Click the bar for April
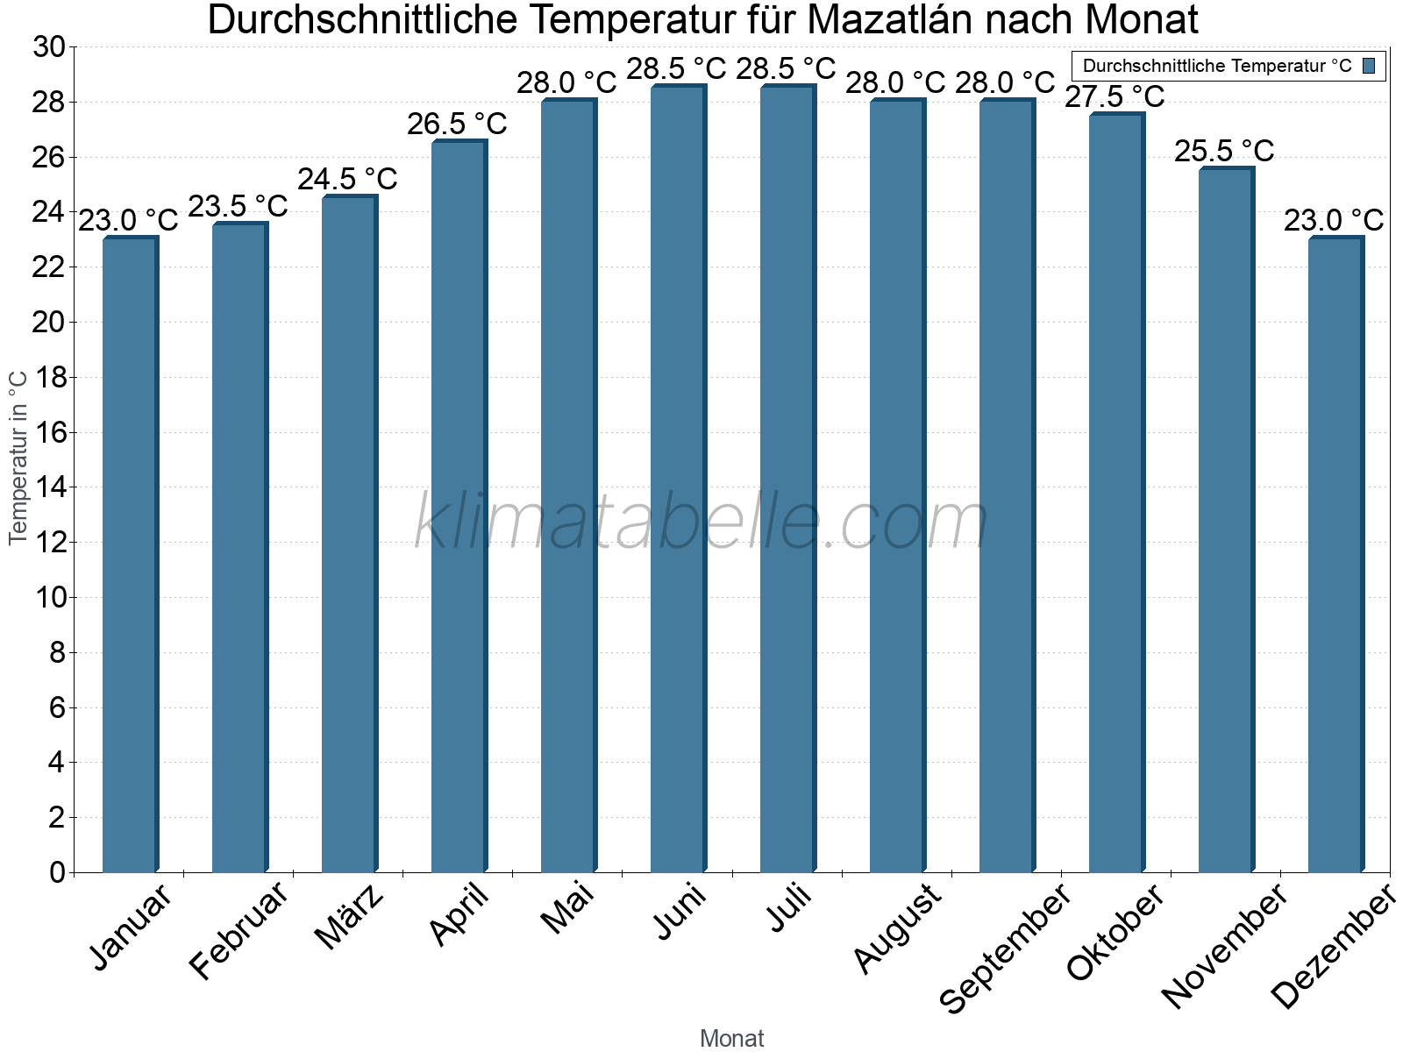click(x=459, y=506)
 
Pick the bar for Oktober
click(x=1116, y=493)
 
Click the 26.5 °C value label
click(x=457, y=124)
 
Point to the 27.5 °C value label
click(x=1115, y=96)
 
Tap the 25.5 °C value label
click(x=1224, y=152)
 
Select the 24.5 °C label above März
click(x=347, y=180)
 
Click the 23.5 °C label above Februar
click(x=238, y=207)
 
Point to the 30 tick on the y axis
click(x=49, y=47)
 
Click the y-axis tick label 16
click(x=49, y=433)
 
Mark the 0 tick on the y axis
click(x=58, y=872)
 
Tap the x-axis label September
click(x=1005, y=948)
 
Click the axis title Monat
click(x=732, y=1038)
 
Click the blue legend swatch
click(x=1369, y=66)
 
